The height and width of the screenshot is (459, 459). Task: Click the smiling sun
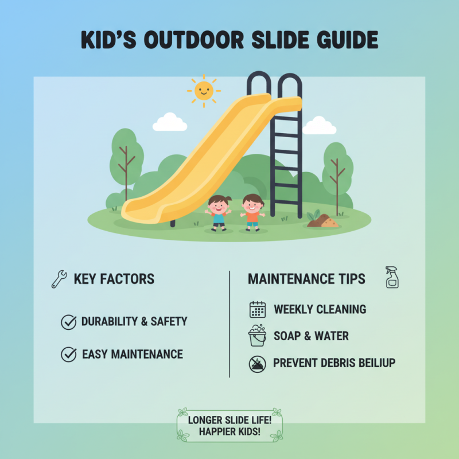(x=204, y=90)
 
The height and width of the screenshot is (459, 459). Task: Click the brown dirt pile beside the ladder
(x=323, y=220)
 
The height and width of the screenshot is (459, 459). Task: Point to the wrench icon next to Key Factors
(x=59, y=280)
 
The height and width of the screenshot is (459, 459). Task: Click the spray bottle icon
(x=392, y=277)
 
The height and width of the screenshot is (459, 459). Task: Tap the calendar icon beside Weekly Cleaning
(x=258, y=309)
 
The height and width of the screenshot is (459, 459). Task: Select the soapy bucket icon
(x=257, y=336)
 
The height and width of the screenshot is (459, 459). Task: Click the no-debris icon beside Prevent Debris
(x=258, y=363)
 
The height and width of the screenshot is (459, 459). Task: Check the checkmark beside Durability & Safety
(x=68, y=322)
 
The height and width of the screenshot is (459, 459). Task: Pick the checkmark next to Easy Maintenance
(x=68, y=355)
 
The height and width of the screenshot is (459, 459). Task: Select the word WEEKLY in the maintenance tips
(x=294, y=309)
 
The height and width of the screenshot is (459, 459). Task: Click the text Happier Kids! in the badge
(x=229, y=431)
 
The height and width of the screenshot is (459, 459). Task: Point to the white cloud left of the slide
(x=170, y=122)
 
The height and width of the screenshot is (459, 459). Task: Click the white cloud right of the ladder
(x=319, y=126)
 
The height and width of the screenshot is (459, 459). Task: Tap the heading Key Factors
(x=114, y=279)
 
